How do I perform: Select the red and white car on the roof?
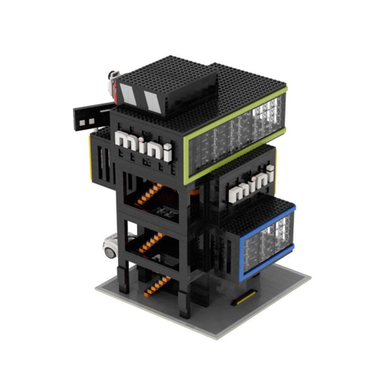(113, 82)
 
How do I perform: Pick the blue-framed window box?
(269, 235)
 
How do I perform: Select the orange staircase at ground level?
(157, 284)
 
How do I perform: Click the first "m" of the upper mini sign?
(125, 141)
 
